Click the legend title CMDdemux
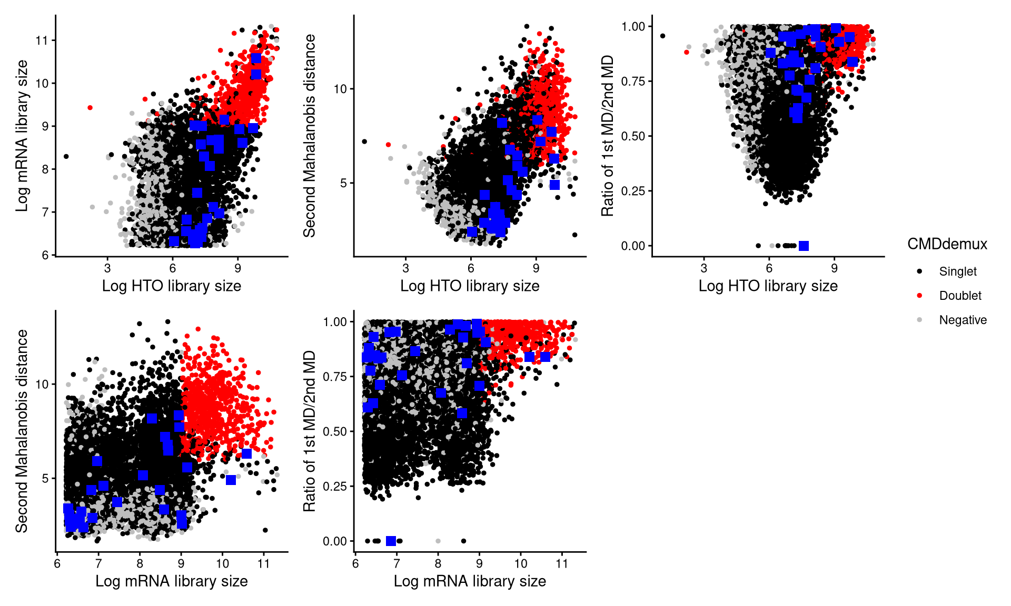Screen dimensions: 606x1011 (947, 244)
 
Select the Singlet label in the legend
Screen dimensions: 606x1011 (957, 271)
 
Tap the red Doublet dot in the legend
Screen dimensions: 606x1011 (919, 296)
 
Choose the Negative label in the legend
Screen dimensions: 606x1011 (963, 320)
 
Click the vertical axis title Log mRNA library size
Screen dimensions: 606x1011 (22, 136)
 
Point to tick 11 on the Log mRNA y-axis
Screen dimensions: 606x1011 (42, 41)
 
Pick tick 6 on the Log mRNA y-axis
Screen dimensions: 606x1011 (45, 255)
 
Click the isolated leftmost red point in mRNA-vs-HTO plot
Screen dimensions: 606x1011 (90, 108)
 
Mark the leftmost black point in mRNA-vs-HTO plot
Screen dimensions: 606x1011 (66, 156)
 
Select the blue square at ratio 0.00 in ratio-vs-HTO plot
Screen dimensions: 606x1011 (804, 246)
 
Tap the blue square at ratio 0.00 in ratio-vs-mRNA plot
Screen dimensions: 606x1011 (391, 541)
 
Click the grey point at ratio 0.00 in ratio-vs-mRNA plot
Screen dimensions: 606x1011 (438, 541)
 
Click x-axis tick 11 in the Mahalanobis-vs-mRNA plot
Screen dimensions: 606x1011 (264, 564)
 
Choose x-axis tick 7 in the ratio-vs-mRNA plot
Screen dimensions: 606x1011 (397, 564)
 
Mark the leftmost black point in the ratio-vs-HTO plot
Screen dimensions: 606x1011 (662, 36)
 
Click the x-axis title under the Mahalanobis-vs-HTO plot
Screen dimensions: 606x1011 (470, 286)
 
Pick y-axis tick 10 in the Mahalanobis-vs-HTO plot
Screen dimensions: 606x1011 (340, 89)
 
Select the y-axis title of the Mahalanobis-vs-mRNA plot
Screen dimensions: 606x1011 (22, 431)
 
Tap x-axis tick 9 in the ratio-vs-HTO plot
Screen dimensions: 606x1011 (834, 268)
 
